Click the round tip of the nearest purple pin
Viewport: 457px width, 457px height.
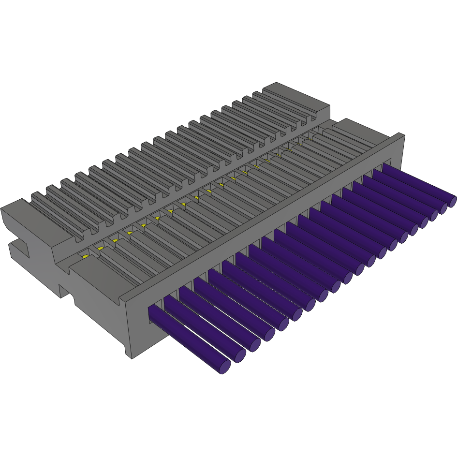(223, 366)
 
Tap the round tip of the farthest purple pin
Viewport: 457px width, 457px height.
(452, 200)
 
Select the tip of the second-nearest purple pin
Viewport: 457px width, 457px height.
(239, 355)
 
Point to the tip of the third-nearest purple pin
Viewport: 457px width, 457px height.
(254, 345)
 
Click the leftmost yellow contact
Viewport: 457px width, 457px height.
(85, 256)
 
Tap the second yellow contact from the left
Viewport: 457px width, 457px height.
(100, 248)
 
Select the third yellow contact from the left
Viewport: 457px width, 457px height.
(115, 240)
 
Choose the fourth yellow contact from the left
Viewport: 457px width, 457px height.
(129, 233)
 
